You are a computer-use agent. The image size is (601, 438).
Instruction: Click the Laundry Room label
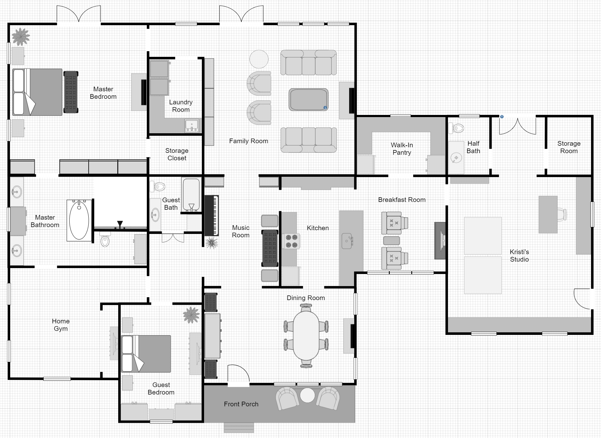pyautogui.click(x=181, y=106)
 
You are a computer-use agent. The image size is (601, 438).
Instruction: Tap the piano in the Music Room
pyautogui.click(x=212, y=216)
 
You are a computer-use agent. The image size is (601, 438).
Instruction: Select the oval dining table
pyautogui.click(x=306, y=336)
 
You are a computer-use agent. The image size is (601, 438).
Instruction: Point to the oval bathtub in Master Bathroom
pyautogui.click(x=79, y=220)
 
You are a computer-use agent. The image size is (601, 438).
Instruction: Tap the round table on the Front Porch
pyautogui.click(x=307, y=395)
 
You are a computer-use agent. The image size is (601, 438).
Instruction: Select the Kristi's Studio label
pyautogui.click(x=519, y=256)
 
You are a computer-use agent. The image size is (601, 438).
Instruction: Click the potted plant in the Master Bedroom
pyautogui.click(x=21, y=37)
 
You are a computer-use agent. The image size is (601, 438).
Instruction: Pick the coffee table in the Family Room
pyautogui.click(x=308, y=99)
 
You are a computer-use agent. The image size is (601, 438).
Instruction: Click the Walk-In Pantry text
pyautogui.click(x=402, y=149)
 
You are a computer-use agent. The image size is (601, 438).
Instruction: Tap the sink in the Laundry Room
pyautogui.click(x=192, y=125)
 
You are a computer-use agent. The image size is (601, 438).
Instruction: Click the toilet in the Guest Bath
pyautogui.click(x=158, y=187)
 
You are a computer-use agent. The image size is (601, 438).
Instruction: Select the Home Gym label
pyautogui.click(x=61, y=325)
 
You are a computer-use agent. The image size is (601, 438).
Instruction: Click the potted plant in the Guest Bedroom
pyautogui.click(x=191, y=315)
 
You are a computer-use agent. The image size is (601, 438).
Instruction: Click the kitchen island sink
pyautogui.click(x=347, y=241)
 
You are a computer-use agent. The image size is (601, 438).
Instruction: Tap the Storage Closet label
pyautogui.click(x=177, y=154)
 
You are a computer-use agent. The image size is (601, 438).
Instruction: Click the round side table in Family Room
pyautogui.click(x=259, y=59)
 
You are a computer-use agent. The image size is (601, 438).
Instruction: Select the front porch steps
pyautogui.click(x=239, y=428)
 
